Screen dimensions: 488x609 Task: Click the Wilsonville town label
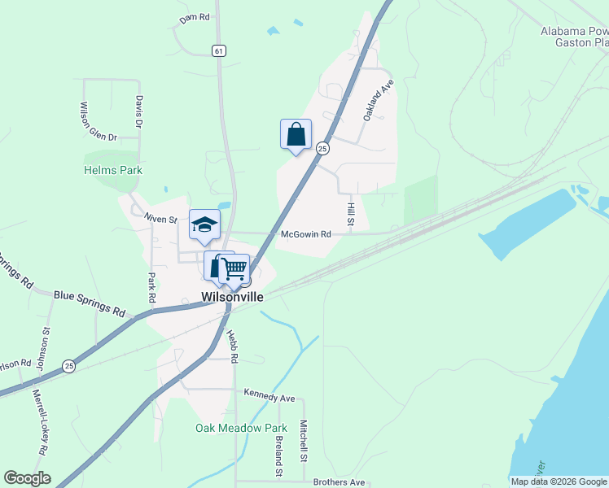[232, 298]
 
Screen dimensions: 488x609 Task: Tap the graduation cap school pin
[204, 225]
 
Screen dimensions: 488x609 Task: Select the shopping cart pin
[234, 268]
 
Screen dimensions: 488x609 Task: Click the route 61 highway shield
[218, 50]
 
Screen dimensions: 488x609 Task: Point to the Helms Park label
[113, 170]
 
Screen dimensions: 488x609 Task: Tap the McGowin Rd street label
[305, 234]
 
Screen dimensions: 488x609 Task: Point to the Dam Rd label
[195, 16]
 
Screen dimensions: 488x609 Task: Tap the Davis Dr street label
[139, 112]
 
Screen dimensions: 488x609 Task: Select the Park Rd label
[151, 287]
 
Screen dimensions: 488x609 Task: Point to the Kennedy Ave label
[269, 398]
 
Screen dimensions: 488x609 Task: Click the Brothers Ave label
[339, 482]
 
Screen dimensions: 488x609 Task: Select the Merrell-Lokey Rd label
[39, 422]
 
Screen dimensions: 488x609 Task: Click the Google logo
[27, 478]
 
